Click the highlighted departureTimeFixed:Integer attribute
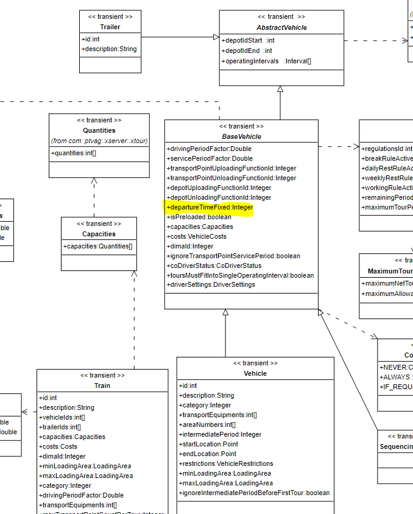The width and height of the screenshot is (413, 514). (x=209, y=208)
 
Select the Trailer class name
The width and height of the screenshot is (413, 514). (x=110, y=27)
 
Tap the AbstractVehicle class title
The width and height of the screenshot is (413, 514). (x=281, y=27)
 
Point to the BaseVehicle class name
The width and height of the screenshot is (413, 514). (x=241, y=136)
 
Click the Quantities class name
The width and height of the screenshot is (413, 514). (x=99, y=130)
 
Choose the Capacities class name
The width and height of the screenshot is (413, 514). (x=99, y=234)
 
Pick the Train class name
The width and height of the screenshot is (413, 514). (x=102, y=385)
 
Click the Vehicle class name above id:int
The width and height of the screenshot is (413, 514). (x=255, y=373)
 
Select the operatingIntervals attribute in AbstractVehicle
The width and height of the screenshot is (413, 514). (x=266, y=61)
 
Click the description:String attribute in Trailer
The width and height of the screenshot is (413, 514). (x=110, y=49)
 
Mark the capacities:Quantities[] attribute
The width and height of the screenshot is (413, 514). (x=97, y=247)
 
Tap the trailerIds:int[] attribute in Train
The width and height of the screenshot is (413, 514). (x=60, y=427)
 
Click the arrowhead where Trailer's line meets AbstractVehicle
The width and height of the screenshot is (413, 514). (x=216, y=37)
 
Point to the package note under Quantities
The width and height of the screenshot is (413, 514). (x=99, y=141)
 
